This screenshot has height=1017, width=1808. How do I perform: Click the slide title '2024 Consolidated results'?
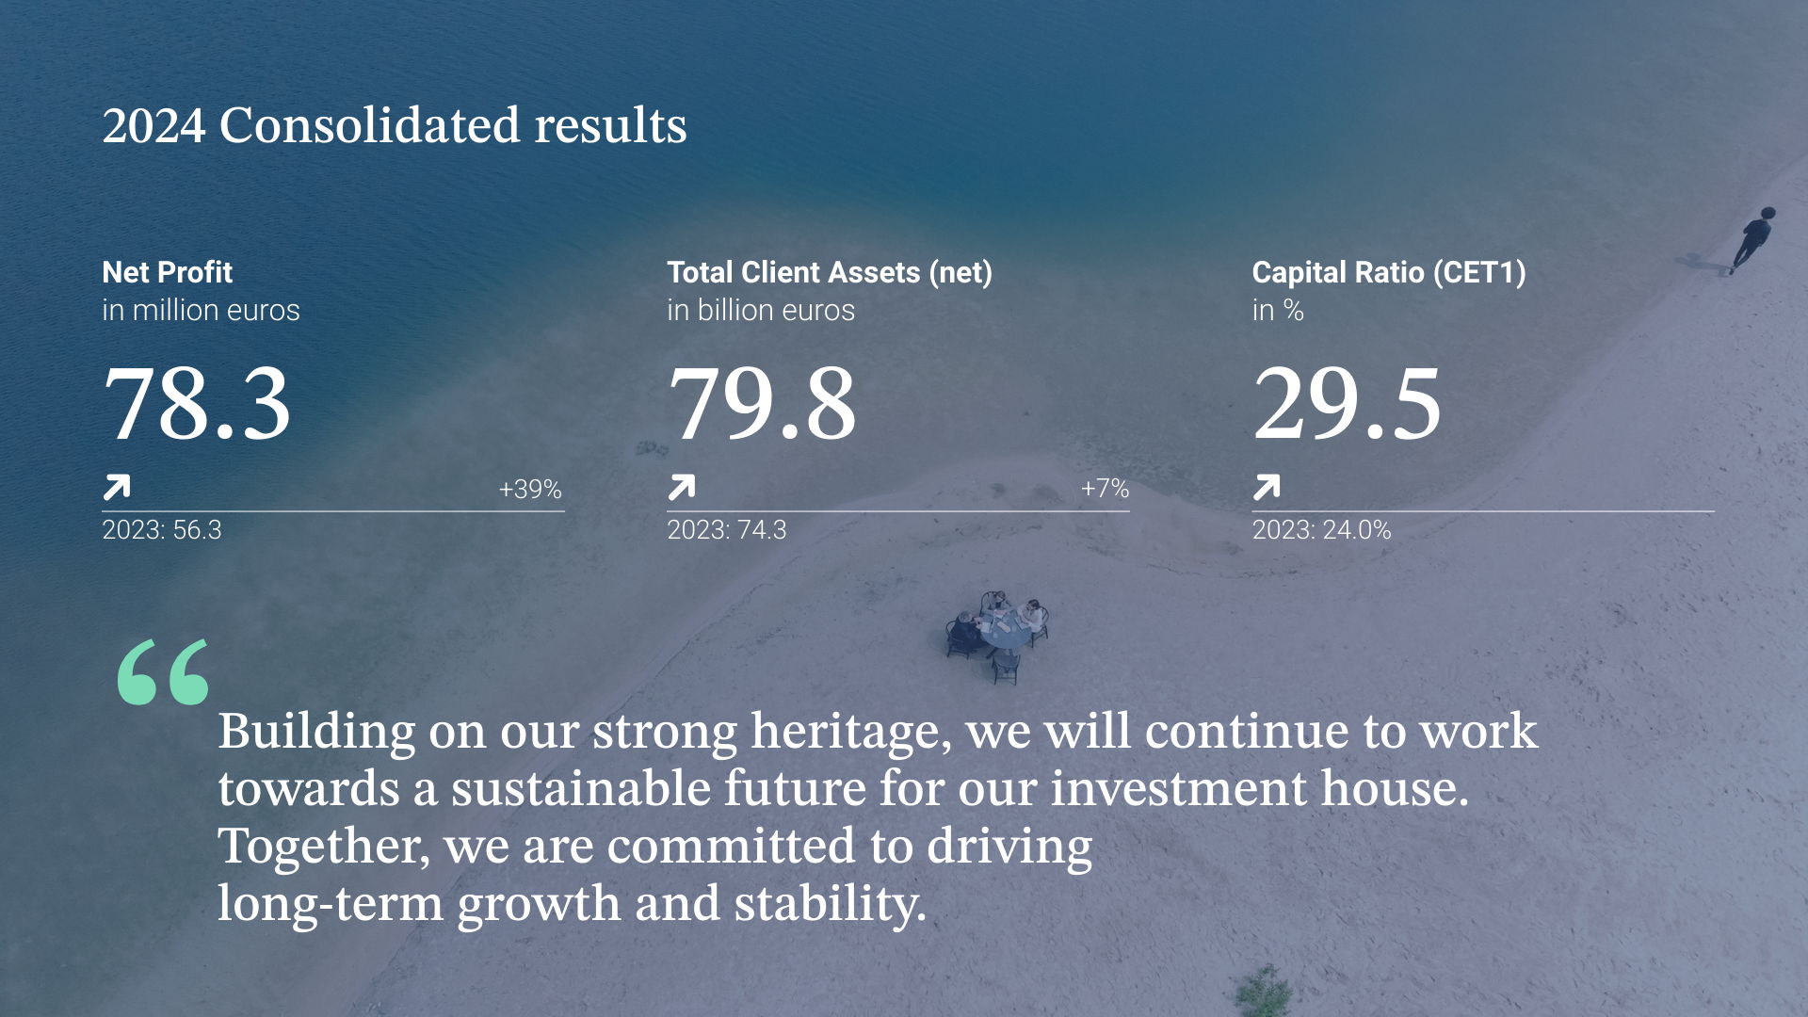pos(395,125)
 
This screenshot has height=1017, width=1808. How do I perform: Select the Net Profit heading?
pos(167,272)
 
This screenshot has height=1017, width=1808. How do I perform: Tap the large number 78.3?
pos(197,403)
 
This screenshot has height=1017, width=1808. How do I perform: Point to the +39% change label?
pos(530,489)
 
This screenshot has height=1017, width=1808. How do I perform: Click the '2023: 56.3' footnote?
pos(162,529)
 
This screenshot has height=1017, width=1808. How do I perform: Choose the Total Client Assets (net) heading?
pos(830,272)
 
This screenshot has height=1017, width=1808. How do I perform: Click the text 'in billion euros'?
pos(761,310)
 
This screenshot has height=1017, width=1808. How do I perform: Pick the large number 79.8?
pos(762,403)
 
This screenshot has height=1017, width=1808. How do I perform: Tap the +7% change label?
pos(1105,488)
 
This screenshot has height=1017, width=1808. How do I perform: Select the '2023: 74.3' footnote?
pos(727,529)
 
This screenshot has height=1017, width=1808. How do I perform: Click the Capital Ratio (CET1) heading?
pos(1389,272)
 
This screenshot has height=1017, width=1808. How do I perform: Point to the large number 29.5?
pos(1347,403)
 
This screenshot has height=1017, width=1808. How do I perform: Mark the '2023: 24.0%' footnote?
pos(1321,529)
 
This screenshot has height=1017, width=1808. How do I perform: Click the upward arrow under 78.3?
pos(117,487)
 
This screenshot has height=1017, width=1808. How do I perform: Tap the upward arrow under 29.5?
pos(1267,487)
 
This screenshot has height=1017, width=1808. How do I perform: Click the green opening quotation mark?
pos(163,671)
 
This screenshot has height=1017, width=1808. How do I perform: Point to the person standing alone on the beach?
pos(1752,240)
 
